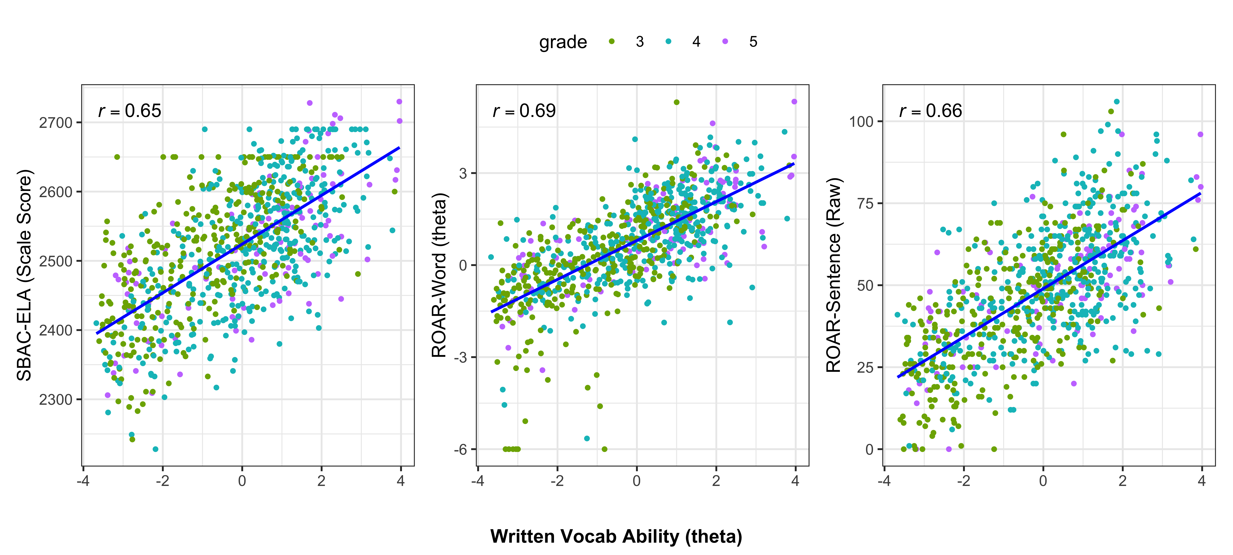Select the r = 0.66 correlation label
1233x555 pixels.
coord(931,111)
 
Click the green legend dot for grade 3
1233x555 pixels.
coord(611,42)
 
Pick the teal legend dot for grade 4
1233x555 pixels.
coord(668,42)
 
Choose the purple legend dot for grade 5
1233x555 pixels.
coord(725,42)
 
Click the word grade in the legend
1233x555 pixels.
coord(563,42)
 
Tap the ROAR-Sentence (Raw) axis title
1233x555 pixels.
coord(834,275)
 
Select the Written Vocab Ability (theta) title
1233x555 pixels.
coord(616,536)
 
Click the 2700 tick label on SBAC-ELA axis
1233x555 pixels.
coord(55,123)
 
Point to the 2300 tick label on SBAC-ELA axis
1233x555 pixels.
coord(55,399)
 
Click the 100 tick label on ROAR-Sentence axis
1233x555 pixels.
coord(862,122)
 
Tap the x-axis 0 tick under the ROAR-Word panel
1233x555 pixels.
coord(637,481)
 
